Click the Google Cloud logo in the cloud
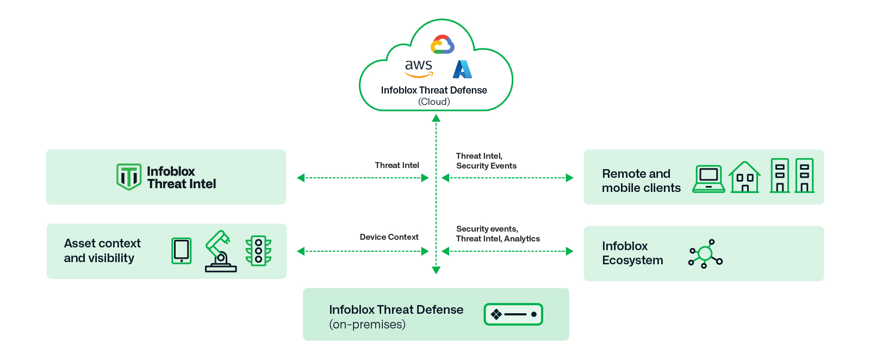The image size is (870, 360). coord(442,45)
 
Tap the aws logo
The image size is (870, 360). coord(419,68)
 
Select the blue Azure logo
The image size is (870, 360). coord(462,70)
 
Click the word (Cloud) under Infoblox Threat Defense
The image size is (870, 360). coord(434,102)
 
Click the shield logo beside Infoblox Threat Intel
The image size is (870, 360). coord(129,177)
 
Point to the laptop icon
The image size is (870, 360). coord(709,179)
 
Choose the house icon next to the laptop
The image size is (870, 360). coord(745,177)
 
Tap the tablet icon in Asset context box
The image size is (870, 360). coord(182,251)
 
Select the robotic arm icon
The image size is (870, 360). coord(220,251)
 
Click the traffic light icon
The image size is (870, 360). coord(259,251)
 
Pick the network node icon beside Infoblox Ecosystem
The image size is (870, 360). coord(705,254)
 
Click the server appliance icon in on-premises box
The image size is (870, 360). coord(513,314)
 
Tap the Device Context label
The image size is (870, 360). coord(389,237)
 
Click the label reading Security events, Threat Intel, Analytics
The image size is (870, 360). coord(498,234)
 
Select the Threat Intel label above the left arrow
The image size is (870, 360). coord(397,165)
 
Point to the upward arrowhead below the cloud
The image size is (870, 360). coord(436,118)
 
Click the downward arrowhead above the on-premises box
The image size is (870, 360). coord(436,270)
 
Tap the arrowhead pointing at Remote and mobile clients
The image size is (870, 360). coord(569,178)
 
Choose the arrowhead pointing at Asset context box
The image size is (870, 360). coord(301,251)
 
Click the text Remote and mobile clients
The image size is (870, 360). coord(641,181)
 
